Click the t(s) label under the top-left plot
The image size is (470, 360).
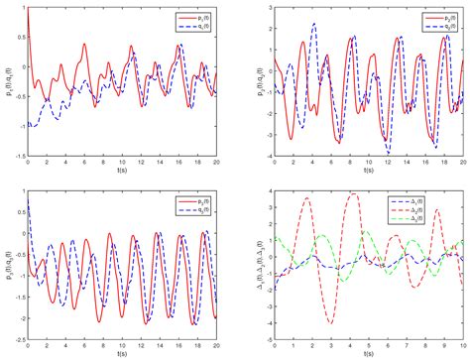point(123,174)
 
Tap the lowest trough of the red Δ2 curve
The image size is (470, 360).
point(330,323)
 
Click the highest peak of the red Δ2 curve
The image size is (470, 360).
point(353,193)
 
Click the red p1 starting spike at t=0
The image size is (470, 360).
point(30,9)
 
